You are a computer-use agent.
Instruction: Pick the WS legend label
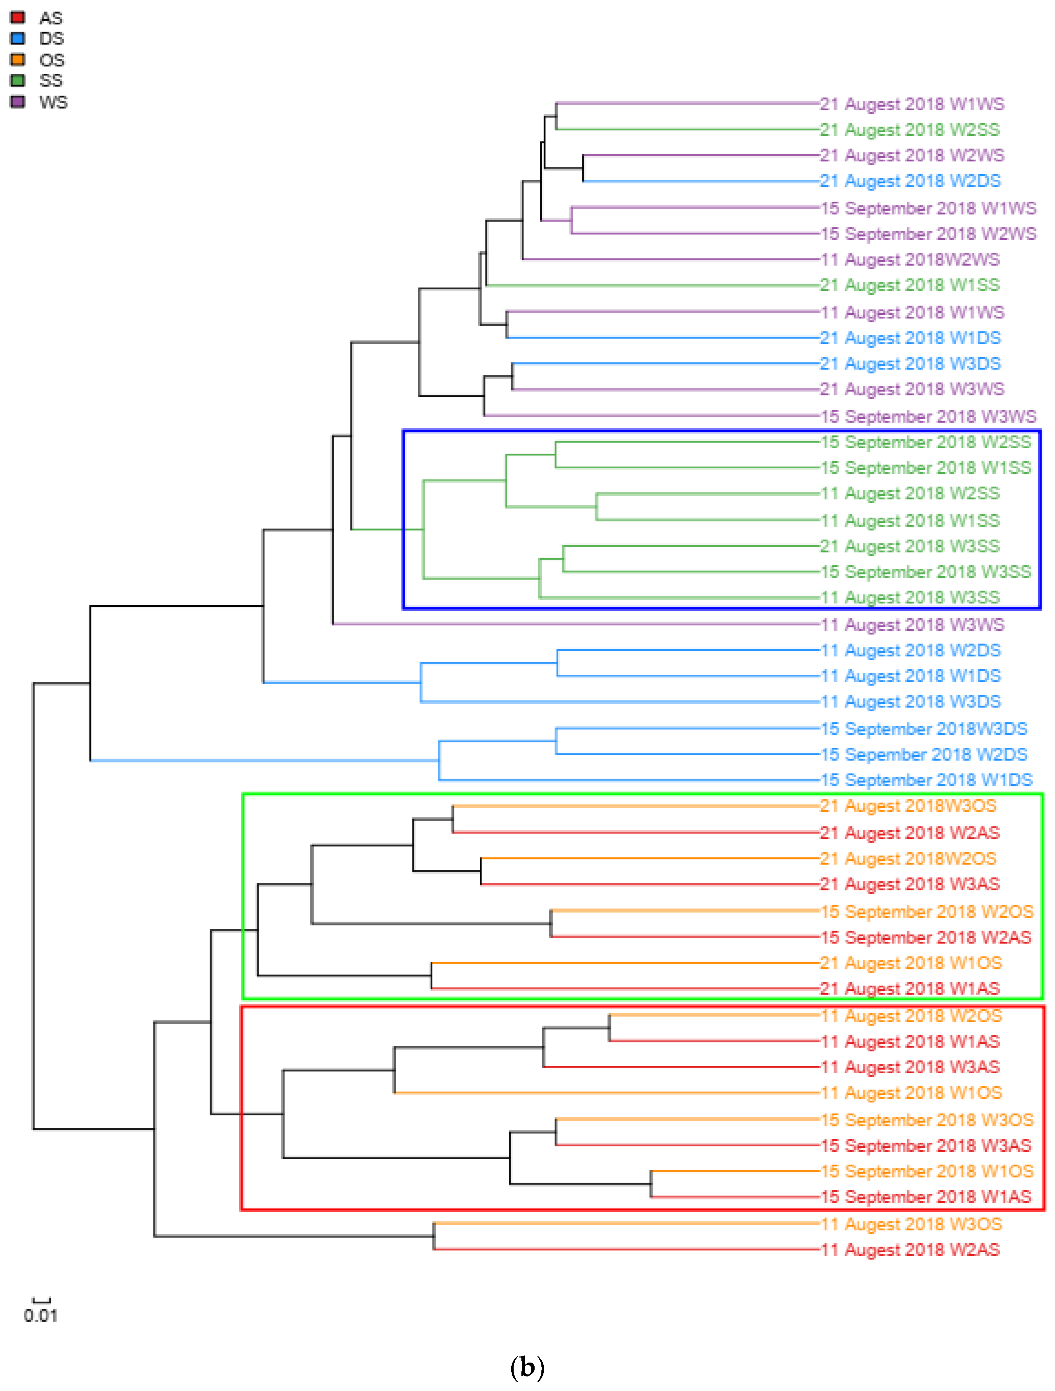(x=53, y=102)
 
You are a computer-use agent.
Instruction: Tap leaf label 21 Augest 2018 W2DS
(x=910, y=181)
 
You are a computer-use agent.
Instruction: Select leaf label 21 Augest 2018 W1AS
(x=910, y=989)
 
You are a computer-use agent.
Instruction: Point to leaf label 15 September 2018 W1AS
(x=926, y=1197)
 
